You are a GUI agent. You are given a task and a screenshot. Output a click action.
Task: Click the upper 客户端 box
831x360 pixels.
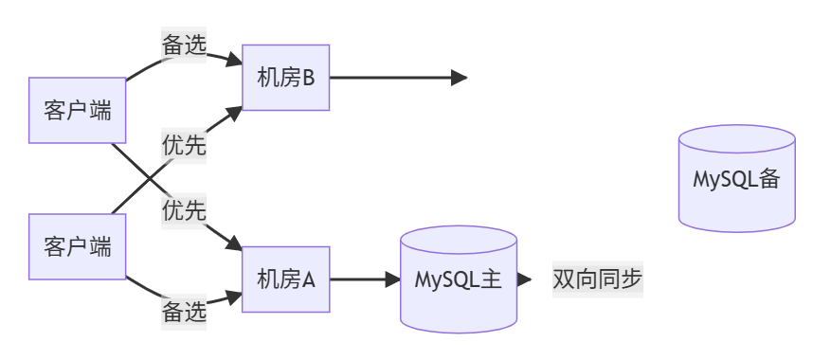tap(78, 111)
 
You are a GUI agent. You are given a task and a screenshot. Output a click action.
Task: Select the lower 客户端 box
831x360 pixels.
tap(78, 247)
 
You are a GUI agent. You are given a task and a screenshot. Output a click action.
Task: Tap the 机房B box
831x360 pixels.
tap(285, 78)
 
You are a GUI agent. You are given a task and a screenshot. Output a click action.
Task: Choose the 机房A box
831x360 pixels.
tap(285, 279)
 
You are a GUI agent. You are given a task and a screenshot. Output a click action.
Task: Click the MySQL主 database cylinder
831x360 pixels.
tap(459, 279)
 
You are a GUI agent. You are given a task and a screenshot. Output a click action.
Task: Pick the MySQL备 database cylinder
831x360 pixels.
tap(736, 178)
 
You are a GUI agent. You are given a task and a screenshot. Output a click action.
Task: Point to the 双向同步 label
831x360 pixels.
tap(598, 279)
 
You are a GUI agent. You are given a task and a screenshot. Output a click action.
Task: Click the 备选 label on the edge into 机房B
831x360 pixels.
tap(184, 45)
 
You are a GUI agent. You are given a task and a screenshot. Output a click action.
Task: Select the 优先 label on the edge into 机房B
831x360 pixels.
tap(184, 145)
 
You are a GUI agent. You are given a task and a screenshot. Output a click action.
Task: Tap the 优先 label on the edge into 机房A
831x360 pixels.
tap(184, 210)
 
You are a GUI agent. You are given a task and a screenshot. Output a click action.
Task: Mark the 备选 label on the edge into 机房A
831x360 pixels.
tap(184, 312)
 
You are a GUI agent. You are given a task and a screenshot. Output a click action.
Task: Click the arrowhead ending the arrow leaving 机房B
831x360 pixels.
tap(460, 78)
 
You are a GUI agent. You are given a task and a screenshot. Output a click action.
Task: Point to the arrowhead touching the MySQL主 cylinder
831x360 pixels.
tap(392, 279)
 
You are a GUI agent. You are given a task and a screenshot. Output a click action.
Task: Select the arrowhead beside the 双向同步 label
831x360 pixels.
tap(524, 279)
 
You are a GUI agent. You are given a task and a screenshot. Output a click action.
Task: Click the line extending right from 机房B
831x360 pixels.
tap(388, 78)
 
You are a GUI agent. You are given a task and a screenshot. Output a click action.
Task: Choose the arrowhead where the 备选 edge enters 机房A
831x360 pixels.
tap(235, 295)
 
